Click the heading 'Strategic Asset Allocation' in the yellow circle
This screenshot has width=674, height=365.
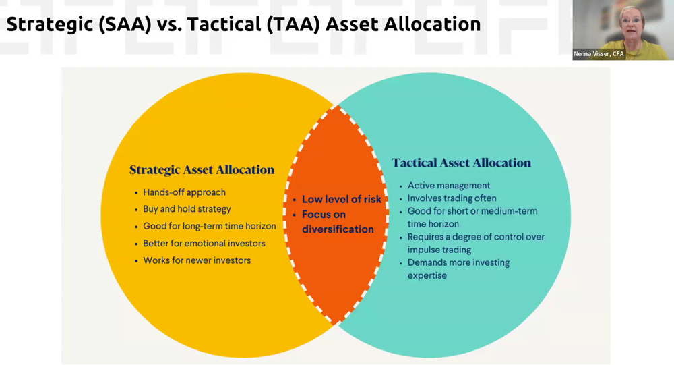(x=202, y=170)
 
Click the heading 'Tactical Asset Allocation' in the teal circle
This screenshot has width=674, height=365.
(x=461, y=163)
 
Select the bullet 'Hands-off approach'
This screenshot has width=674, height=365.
(x=185, y=192)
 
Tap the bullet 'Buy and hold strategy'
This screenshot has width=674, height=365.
(x=187, y=209)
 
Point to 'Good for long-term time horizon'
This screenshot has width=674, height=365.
(x=210, y=227)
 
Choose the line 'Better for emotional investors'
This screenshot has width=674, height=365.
(x=204, y=243)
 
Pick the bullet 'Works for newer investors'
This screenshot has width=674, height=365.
(x=197, y=260)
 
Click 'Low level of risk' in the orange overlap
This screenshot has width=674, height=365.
(x=342, y=199)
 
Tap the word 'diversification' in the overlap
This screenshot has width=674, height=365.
(x=338, y=229)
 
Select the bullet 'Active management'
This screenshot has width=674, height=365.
(x=449, y=186)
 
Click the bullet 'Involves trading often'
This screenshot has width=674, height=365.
(x=452, y=198)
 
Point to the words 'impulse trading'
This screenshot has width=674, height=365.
(x=439, y=250)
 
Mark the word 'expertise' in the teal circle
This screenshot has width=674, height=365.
(x=427, y=275)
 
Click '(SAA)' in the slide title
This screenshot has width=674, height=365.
(x=125, y=24)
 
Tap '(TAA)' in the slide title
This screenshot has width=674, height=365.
(x=293, y=24)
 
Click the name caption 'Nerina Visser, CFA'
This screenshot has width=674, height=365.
(x=599, y=54)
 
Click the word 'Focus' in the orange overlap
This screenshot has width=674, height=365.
(x=317, y=215)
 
